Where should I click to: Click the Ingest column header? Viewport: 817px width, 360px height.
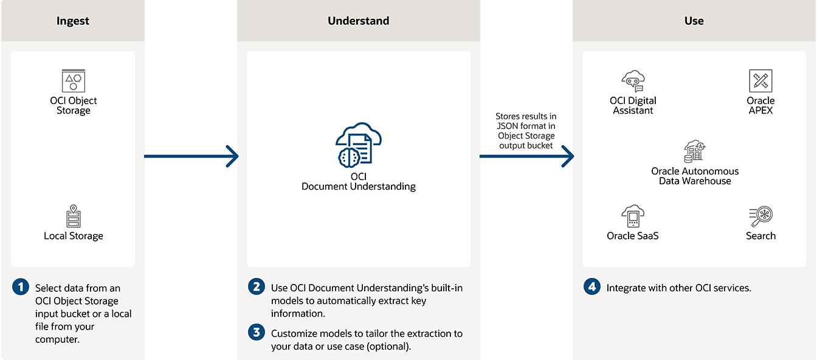73,21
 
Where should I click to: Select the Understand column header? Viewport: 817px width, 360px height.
358,21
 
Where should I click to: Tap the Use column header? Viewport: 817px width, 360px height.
694,21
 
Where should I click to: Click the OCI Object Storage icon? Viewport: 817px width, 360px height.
74,81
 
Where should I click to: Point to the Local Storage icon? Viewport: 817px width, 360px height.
74,216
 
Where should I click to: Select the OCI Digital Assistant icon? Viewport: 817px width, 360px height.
633,81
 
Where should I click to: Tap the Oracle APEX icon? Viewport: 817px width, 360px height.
760,81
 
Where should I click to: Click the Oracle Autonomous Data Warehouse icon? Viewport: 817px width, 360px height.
695,151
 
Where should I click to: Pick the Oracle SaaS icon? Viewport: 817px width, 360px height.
633,216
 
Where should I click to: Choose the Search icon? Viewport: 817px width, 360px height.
760,216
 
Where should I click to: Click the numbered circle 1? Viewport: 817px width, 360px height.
21,287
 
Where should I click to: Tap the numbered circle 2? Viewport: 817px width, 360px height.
257,287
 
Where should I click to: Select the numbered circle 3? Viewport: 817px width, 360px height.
257,333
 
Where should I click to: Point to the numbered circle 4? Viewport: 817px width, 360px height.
592,287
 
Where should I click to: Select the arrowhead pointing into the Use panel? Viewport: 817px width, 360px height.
567,156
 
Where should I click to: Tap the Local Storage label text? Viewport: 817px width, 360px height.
74,236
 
